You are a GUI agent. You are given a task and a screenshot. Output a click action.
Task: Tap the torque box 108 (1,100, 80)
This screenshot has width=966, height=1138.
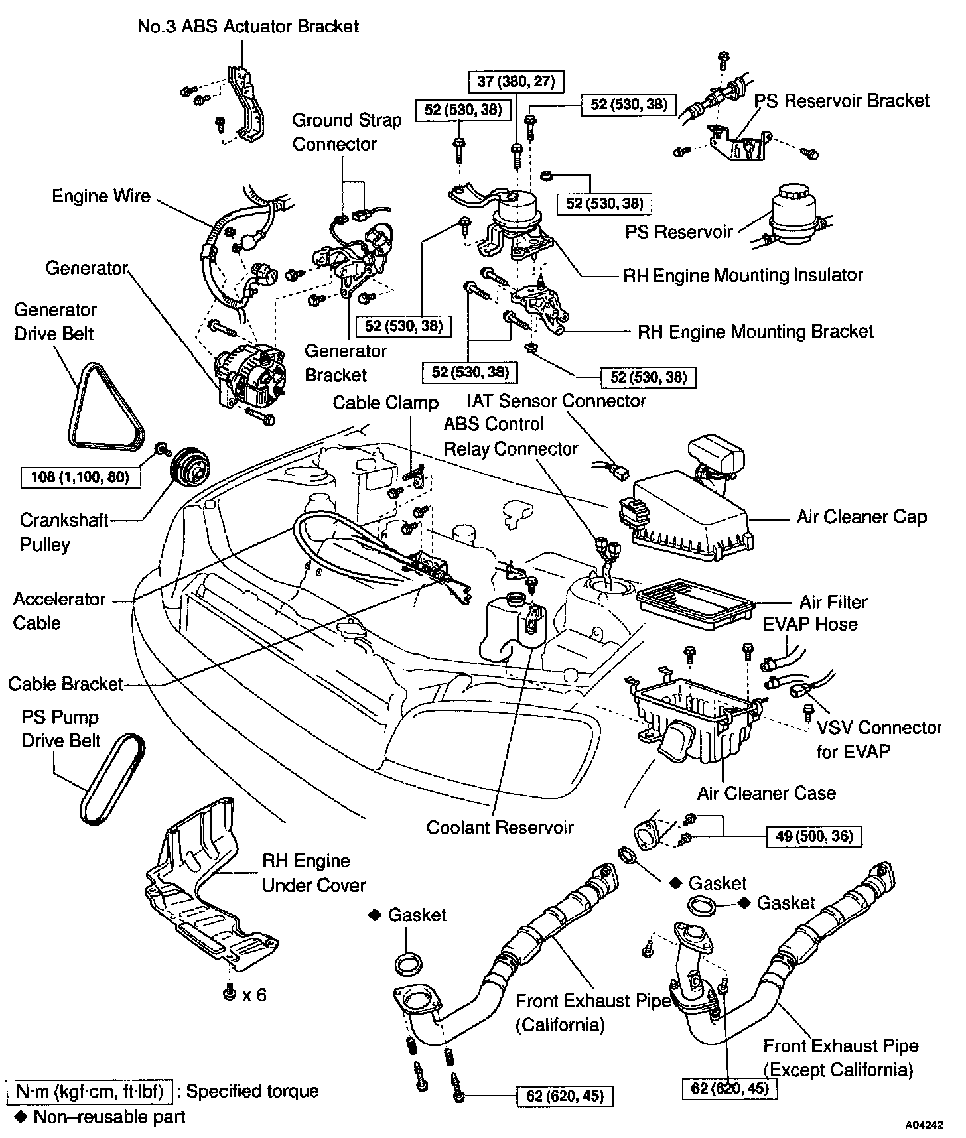click(81, 477)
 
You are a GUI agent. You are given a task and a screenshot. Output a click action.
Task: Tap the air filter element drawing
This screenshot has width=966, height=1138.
click(695, 603)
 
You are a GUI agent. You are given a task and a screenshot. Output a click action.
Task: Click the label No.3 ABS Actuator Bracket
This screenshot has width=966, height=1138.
click(248, 27)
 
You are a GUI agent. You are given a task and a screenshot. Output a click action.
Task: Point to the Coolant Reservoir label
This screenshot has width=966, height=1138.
click(500, 827)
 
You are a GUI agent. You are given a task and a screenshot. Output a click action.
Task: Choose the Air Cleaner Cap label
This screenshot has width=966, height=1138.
click(861, 517)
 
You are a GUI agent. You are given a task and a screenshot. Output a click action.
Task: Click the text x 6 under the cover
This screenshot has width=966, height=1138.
click(254, 995)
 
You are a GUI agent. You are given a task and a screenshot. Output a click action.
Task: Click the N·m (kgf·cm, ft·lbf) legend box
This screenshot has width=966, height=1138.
click(90, 1091)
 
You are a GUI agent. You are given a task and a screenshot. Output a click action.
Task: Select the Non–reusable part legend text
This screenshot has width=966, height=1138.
click(109, 1117)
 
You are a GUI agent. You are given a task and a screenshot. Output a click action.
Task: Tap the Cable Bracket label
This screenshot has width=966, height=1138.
click(66, 684)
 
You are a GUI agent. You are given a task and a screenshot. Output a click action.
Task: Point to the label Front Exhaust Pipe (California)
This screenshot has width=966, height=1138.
click(594, 1013)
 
